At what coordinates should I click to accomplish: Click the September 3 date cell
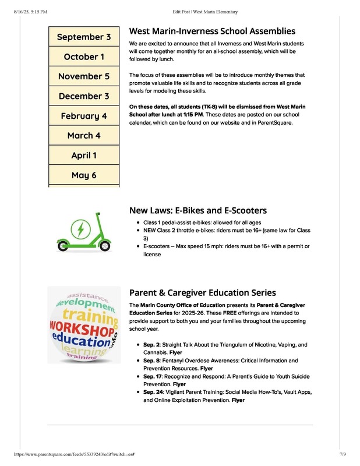(x=84, y=37)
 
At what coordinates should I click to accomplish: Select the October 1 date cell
(x=84, y=57)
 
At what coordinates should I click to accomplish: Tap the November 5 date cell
(x=84, y=76)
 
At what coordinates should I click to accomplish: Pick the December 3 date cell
(x=84, y=96)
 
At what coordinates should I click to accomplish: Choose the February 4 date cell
(x=84, y=116)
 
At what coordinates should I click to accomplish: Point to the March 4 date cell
(x=84, y=136)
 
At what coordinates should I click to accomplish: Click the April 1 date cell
(x=84, y=156)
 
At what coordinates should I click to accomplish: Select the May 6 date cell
(x=84, y=175)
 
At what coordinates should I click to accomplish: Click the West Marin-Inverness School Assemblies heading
(x=212, y=31)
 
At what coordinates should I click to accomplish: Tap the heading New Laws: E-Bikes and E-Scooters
(x=198, y=210)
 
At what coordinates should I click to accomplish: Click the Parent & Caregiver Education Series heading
(x=202, y=293)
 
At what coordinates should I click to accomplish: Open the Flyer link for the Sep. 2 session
(x=175, y=352)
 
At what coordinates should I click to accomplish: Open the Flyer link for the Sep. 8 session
(x=207, y=369)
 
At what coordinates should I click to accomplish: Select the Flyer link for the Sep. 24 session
(x=238, y=400)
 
